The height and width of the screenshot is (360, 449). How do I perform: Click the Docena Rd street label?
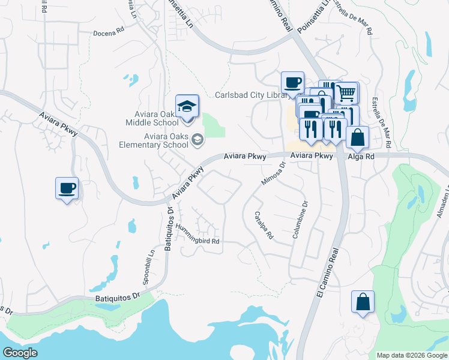[108, 34]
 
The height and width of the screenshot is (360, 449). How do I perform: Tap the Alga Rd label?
[362, 155]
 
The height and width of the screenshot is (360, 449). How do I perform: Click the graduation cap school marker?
[187, 107]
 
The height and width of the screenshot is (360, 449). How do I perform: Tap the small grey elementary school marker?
[197, 140]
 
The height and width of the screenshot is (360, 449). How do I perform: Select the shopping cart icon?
[346, 94]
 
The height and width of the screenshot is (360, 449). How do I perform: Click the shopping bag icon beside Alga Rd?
[357, 137]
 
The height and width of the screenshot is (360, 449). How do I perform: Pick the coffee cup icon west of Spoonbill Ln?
[67, 188]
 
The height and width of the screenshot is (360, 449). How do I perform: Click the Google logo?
[20, 353]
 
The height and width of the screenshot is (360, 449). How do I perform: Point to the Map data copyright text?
[411, 355]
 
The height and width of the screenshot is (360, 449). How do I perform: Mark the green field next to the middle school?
[213, 125]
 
